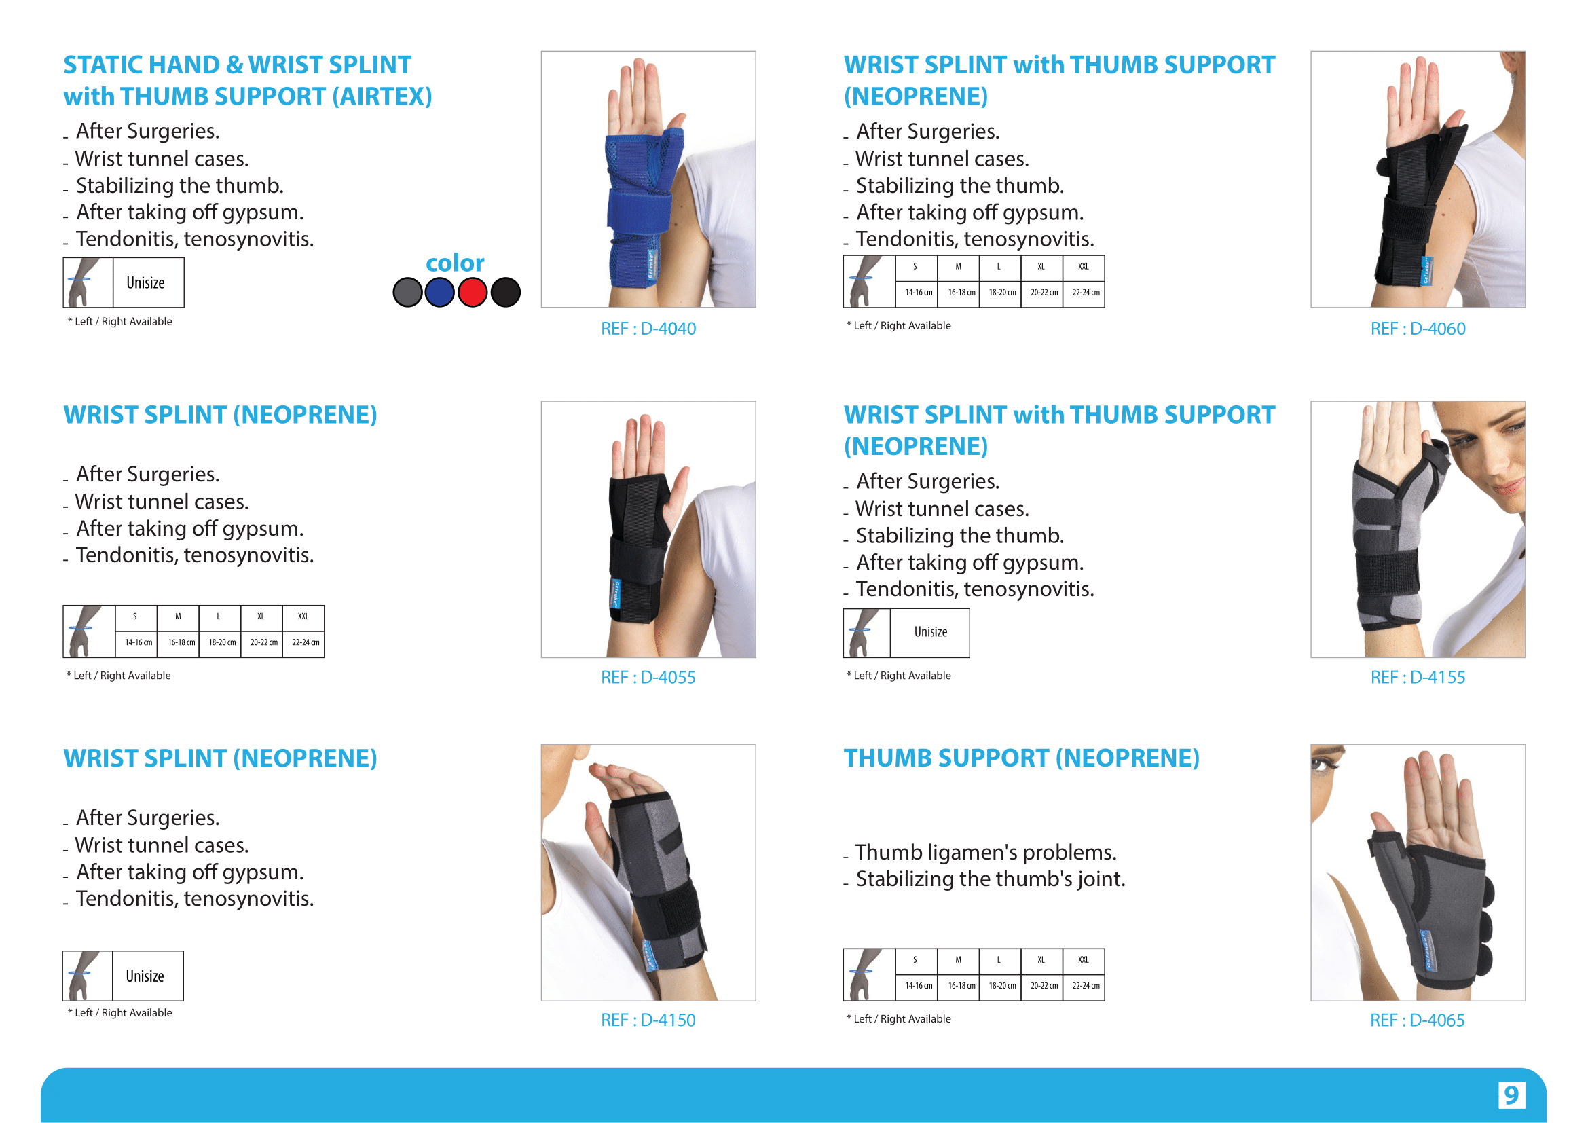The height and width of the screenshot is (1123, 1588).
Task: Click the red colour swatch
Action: click(x=473, y=292)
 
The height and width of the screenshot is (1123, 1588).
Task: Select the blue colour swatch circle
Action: click(x=440, y=292)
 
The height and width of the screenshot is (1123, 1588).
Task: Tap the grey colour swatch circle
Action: click(x=407, y=292)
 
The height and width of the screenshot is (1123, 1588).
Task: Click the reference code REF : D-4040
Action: click(x=648, y=329)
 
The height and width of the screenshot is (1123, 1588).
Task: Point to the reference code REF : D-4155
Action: click(x=1418, y=677)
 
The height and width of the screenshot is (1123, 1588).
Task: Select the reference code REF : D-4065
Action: click(x=1417, y=1020)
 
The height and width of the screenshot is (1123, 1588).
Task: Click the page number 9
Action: click(x=1511, y=1094)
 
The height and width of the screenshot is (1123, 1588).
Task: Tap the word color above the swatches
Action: click(x=455, y=263)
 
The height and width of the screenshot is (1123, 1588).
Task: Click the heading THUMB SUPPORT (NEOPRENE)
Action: click(x=1021, y=758)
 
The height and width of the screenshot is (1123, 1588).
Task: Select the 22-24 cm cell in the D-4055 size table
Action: click(x=305, y=642)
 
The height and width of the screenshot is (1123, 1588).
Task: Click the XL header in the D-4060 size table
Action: click(x=1041, y=266)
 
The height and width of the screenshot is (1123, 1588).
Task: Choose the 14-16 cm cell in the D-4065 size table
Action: click(x=919, y=985)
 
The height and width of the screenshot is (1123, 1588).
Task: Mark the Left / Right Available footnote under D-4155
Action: click(x=898, y=676)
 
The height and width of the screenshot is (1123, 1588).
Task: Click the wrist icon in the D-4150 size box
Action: click(x=87, y=976)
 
